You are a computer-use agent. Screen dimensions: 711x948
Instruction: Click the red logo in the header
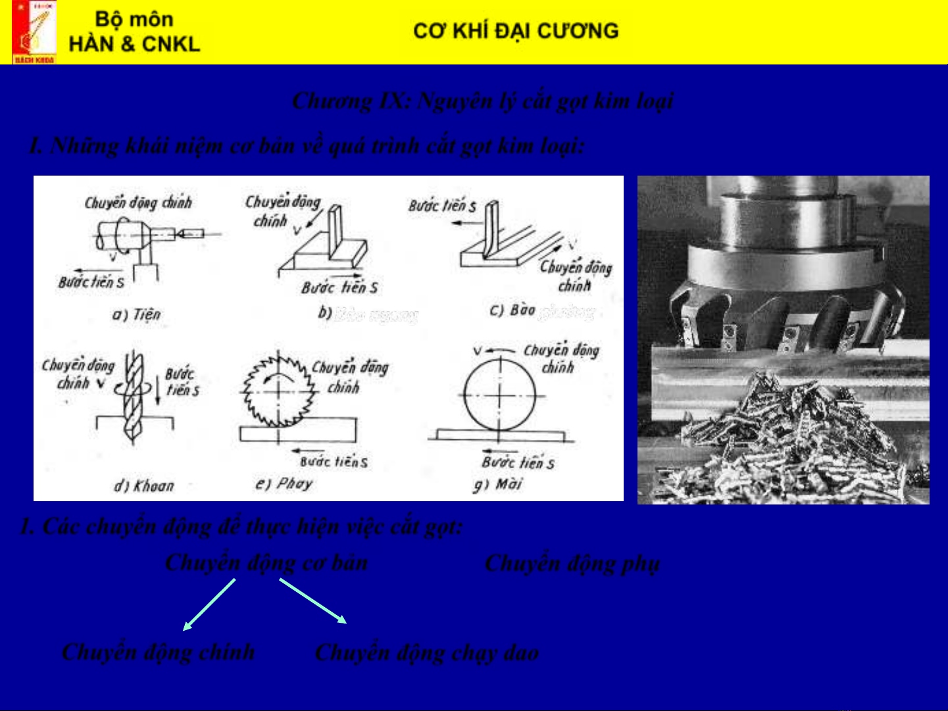pyautogui.click(x=34, y=32)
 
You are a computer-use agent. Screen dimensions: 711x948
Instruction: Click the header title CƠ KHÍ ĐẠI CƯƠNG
pyautogui.click(x=516, y=31)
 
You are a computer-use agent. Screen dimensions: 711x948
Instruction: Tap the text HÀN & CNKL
pyautogui.click(x=134, y=44)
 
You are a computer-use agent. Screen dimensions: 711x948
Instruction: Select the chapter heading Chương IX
pyautogui.click(x=483, y=101)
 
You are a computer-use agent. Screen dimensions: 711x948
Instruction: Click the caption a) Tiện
pyautogui.click(x=136, y=314)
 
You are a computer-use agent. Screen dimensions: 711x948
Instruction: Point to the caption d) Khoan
pyautogui.click(x=144, y=486)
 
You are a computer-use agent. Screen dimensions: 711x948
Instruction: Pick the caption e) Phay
pyautogui.click(x=284, y=484)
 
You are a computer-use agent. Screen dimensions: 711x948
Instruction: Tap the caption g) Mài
pyautogui.click(x=498, y=485)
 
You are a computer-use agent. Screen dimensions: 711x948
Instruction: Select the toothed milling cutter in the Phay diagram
pyautogui.click(x=278, y=390)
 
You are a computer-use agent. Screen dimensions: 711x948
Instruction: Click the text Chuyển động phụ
pyautogui.click(x=572, y=564)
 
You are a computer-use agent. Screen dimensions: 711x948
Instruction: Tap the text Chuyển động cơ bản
pyautogui.click(x=266, y=563)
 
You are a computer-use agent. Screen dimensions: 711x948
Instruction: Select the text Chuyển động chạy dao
pyautogui.click(x=427, y=652)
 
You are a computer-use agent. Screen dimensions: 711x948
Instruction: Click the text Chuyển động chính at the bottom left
pyautogui.click(x=159, y=652)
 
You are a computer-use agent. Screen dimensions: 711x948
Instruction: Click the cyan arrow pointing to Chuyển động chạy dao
pyautogui.click(x=313, y=601)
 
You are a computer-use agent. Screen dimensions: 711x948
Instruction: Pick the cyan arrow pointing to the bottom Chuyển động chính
pyautogui.click(x=209, y=604)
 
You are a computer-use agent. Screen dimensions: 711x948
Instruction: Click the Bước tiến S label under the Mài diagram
pyautogui.click(x=518, y=462)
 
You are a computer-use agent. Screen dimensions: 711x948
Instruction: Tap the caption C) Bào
pyautogui.click(x=513, y=310)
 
